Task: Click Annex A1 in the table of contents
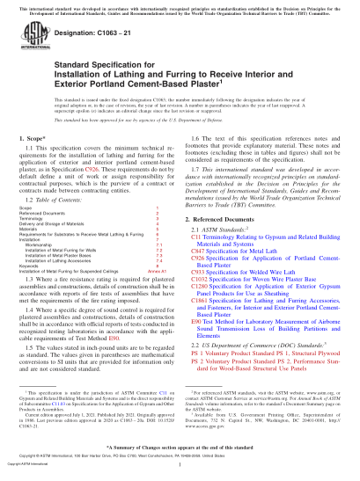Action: (x=159, y=291)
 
